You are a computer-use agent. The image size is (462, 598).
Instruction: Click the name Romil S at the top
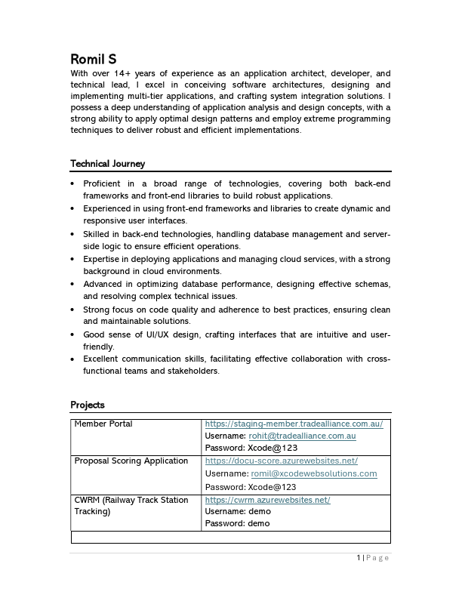pyautogui.click(x=94, y=59)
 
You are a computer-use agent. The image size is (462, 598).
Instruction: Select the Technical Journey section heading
pyautogui.click(x=107, y=164)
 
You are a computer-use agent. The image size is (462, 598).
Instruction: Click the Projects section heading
pyautogui.click(x=88, y=405)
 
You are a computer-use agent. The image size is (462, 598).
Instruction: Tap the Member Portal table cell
pyautogui.click(x=103, y=424)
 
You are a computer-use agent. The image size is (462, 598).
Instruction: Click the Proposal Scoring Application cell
pyautogui.click(x=131, y=461)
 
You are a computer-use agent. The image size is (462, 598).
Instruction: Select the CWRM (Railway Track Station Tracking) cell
pyautogui.click(x=131, y=505)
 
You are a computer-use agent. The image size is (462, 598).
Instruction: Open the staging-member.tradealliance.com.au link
pyautogui.click(x=294, y=424)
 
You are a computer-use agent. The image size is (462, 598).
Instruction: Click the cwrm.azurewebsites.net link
pyautogui.click(x=267, y=500)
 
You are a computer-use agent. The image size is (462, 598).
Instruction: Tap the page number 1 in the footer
pyautogui.click(x=358, y=558)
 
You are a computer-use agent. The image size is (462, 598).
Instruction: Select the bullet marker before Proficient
pyautogui.click(x=72, y=183)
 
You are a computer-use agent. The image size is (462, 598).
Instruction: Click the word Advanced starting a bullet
pyautogui.click(x=103, y=284)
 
